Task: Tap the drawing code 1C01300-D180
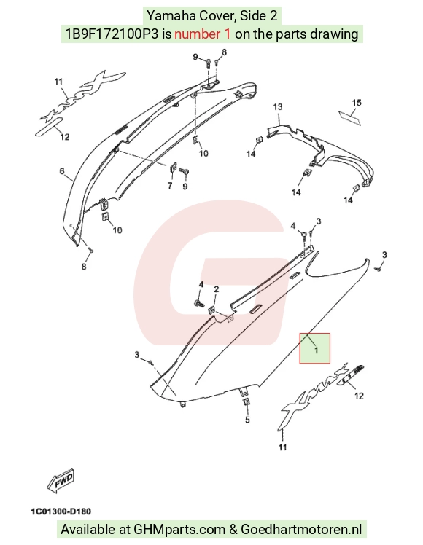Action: pyautogui.click(x=61, y=511)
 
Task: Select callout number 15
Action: pyautogui.click(x=357, y=103)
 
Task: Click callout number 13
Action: pyautogui.click(x=278, y=106)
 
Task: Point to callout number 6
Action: pyautogui.click(x=62, y=171)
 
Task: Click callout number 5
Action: pyautogui.click(x=247, y=420)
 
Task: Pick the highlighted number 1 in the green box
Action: pyautogui.click(x=317, y=350)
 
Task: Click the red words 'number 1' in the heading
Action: pyautogui.click(x=202, y=34)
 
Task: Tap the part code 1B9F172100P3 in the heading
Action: pyautogui.click(x=112, y=34)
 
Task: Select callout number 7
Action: pyautogui.click(x=170, y=186)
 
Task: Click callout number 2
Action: pyautogui.click(x=217, y=289)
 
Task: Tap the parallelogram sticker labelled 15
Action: pyautogui.click(x=350, y=117)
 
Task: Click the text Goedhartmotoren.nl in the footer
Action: pyautogui.click(x=301, y=530)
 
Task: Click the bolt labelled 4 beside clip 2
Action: pyautogui.click(x=198, y=303)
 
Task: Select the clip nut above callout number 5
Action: pyautogui.click(x=246, y=402)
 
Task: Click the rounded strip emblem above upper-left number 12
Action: pyautogui.click(x=49, y=128)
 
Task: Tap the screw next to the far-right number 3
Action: pyautogui.click(x=378, y=269)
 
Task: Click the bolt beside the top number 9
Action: pyautogui.click(x=208, y=63)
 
